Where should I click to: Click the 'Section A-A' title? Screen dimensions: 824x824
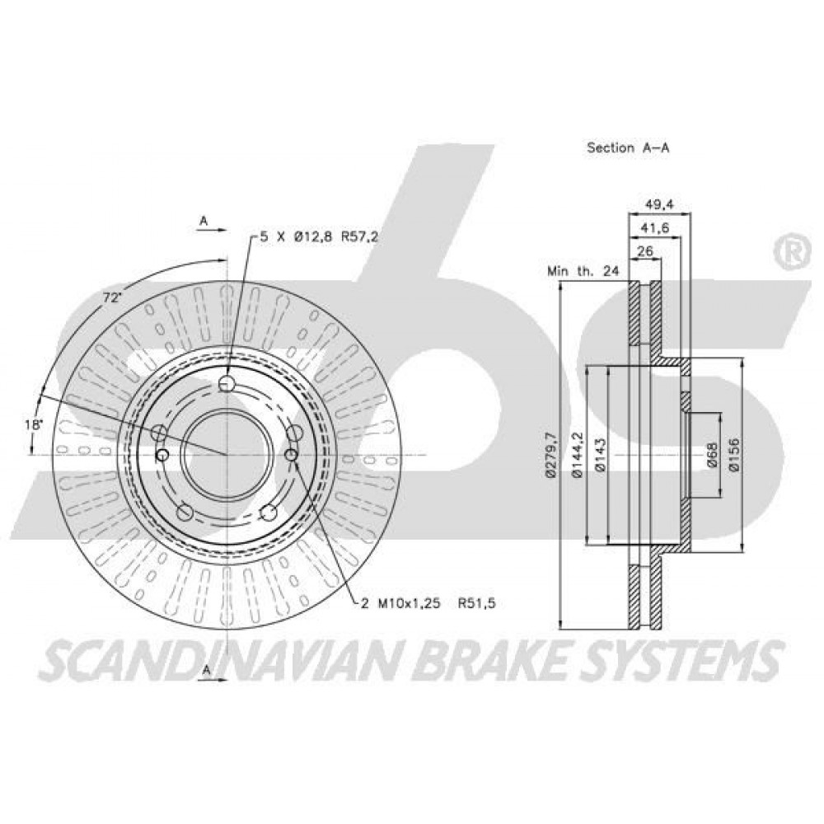click(x=627, y=147)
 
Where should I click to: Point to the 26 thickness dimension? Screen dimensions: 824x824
click(x=644, y=251)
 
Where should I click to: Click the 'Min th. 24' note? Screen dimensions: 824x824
click(x=583, y=271)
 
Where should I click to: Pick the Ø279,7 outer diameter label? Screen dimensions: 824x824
click(x=550, y=455)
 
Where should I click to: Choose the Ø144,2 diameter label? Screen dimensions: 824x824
click(x=578, y=455)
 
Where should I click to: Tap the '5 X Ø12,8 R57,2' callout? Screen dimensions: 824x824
click(x=319, y=237)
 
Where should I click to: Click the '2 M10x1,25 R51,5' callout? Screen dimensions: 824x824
click(x=428, y=603)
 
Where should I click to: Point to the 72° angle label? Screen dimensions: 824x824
click(x=111, y=298)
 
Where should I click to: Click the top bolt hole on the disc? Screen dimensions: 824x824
click(x=227, y=383)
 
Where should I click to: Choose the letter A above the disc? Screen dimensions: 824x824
click(x=204, y=221)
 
